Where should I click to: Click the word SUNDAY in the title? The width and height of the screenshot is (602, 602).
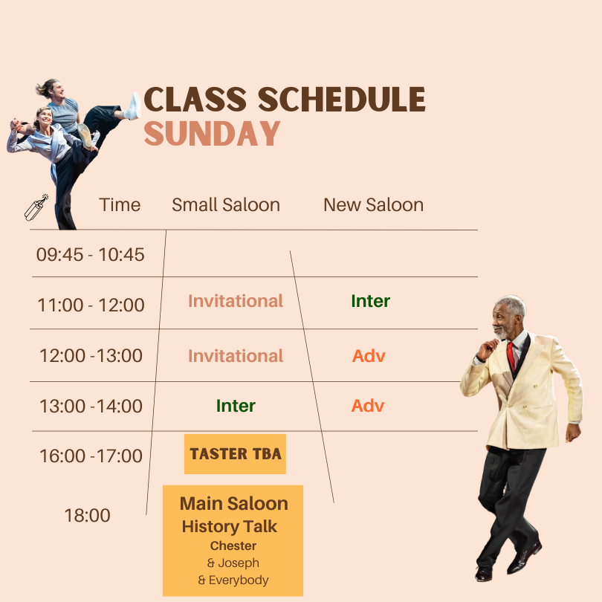point(212,133)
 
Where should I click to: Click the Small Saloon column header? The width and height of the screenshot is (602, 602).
point(226,204)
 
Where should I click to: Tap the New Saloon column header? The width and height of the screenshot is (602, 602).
point(374,204)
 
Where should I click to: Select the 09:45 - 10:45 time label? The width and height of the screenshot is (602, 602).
point(90,254)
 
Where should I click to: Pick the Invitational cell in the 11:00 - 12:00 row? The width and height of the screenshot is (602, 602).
point(236,301)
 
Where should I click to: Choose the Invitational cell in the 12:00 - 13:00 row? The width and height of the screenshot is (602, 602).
point(236,356)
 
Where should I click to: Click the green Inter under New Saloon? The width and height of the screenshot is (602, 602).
point(371,301)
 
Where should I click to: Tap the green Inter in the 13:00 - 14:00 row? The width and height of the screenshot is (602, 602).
point(236,406)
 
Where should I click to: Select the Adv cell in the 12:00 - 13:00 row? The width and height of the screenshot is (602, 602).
point(369,356)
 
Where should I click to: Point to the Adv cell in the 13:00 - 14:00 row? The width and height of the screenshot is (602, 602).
point(368,406)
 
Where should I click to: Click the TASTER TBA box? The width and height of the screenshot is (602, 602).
point(235,454)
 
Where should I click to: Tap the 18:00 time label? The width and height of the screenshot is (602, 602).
point(87,515)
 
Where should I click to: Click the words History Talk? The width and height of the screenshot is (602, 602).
point(229,526)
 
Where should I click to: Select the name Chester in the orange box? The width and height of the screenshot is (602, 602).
point(233,546)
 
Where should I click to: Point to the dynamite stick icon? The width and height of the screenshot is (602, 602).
point(36,207)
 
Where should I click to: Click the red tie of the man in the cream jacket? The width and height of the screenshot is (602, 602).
point(511,356)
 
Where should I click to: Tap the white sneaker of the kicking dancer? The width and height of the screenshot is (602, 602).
point(134,106)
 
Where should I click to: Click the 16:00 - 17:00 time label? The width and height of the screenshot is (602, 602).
point(91,456)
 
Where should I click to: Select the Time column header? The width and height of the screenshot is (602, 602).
point(120,204)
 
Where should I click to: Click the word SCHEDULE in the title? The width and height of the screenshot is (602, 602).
point(342,99)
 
